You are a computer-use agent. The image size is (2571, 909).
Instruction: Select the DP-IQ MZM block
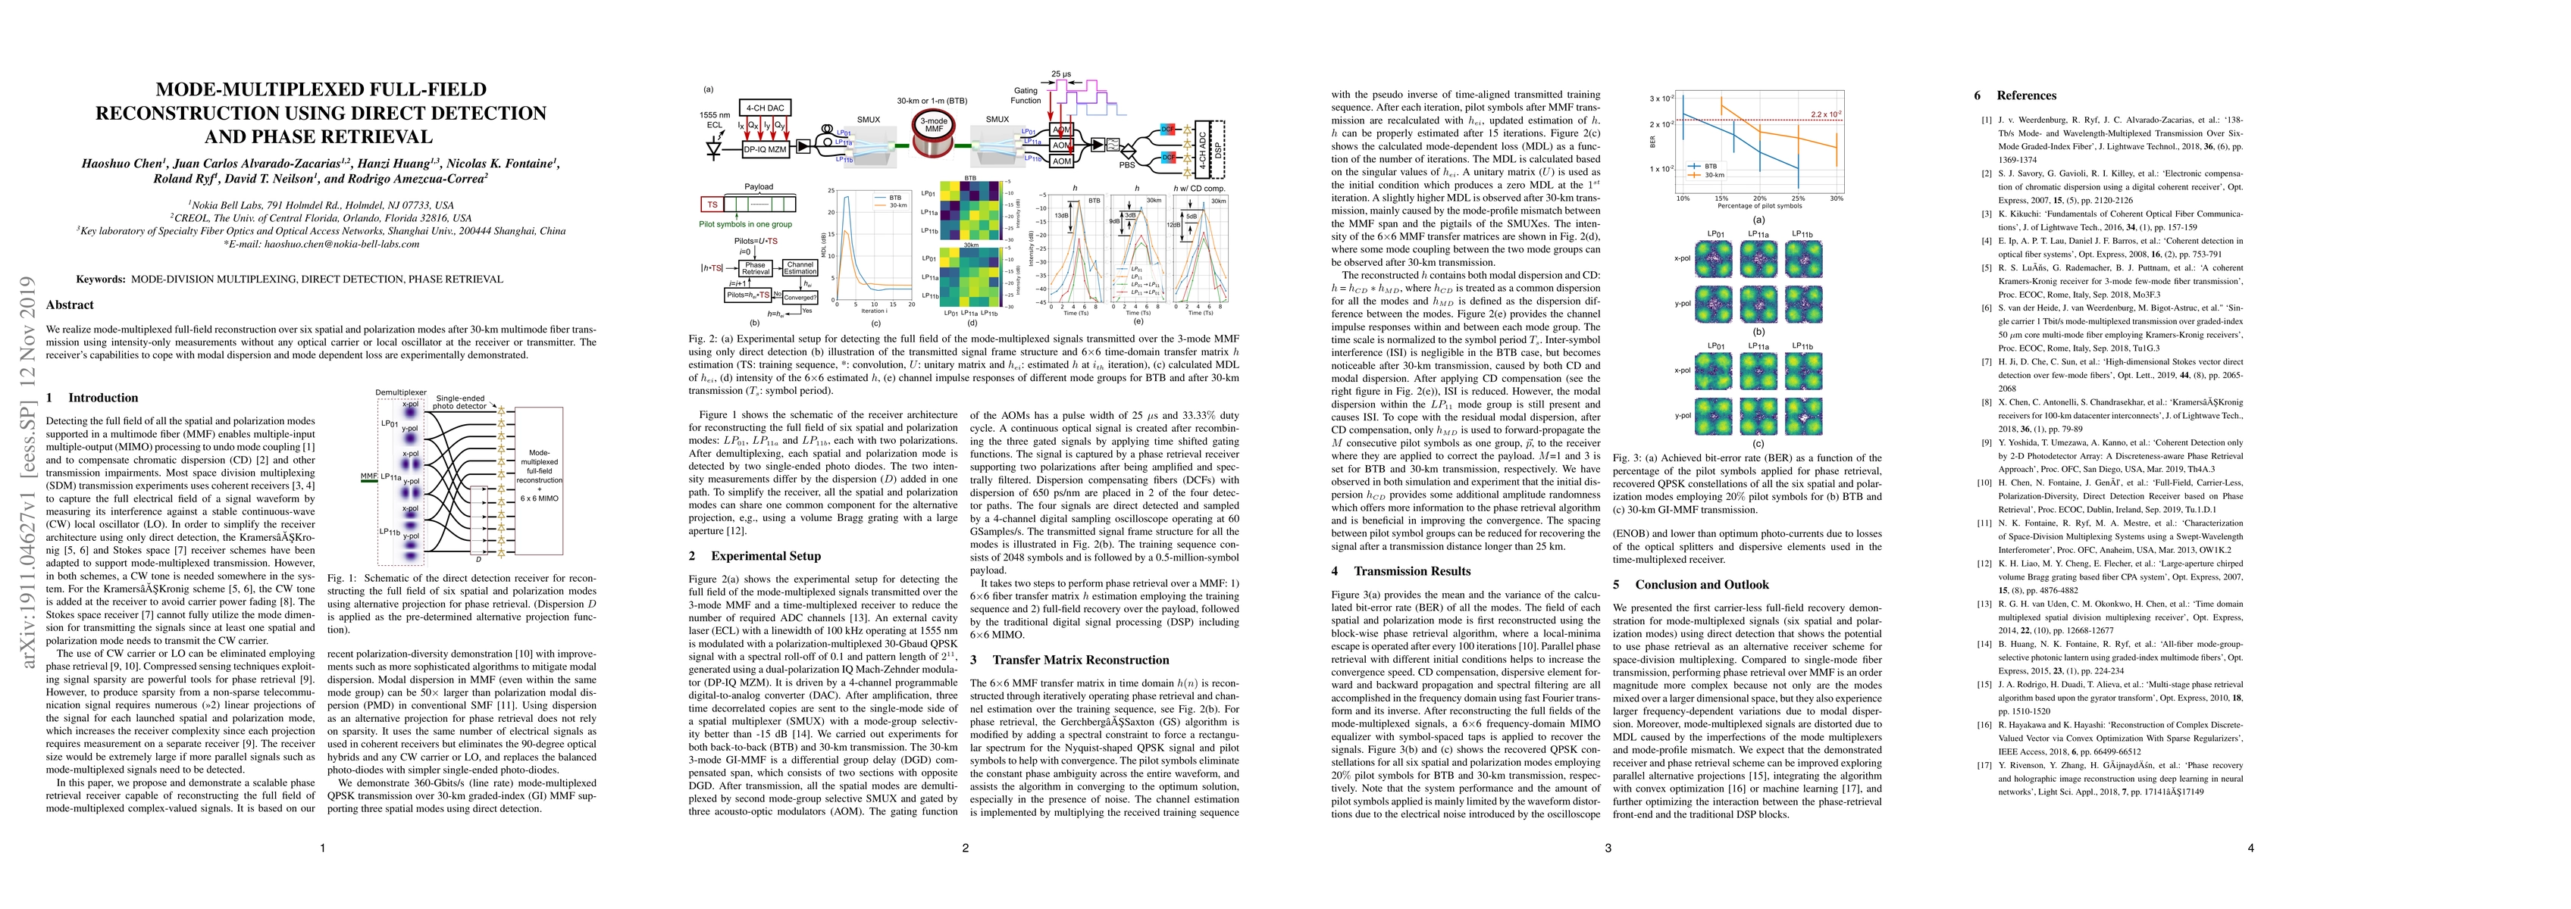click(x=763, y=148)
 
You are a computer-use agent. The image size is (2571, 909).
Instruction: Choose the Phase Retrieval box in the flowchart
click(x=756, y=268)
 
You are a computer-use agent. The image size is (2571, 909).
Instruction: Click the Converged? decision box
click(x=800, y=296)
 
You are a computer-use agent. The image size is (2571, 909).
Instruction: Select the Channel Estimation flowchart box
click(x=800, y=268)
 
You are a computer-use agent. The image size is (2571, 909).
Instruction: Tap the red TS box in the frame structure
click(x=712, y=204)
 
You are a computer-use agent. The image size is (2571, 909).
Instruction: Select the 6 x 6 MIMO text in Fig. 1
click(x=540, y=497)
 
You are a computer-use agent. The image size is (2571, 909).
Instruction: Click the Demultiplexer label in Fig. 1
click(x=400, y=393)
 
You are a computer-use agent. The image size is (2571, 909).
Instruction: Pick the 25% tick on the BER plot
click(x=1799, y=198)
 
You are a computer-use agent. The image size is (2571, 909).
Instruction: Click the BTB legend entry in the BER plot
click(x=1708, y=167)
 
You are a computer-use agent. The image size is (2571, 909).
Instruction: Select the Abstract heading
click(x=70, y=305)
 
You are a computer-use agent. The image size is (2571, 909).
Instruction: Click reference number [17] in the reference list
click(x=1980, y=764)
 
